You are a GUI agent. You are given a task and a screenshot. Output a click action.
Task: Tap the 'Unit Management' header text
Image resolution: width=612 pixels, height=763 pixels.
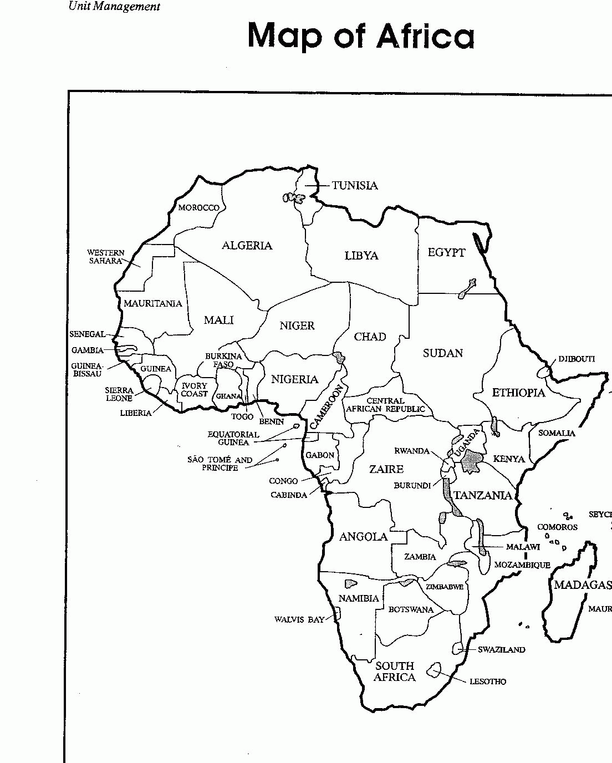[x=114, y=7]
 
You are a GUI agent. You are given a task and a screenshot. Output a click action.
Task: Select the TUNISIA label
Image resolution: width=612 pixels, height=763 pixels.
[x=355, y=186]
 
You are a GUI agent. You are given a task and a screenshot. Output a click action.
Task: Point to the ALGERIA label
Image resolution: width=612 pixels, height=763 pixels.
[x=247, y=246]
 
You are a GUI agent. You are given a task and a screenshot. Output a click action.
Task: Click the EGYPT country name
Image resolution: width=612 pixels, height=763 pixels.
[x=446, y=253]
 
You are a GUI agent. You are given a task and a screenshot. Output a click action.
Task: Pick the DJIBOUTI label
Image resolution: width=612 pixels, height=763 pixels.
[x=576, y=359]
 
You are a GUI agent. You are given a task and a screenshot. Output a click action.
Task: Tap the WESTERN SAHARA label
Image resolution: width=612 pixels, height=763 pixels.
[x=106, y=257]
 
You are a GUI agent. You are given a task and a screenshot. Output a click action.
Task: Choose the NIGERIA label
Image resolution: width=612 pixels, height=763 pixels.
[x=294, y=380]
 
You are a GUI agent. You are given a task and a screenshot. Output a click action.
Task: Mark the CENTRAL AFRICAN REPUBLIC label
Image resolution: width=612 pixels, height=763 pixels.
[x=386, y=405]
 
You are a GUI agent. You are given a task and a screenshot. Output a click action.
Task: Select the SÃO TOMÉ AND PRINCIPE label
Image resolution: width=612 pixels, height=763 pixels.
[x=220, y=464]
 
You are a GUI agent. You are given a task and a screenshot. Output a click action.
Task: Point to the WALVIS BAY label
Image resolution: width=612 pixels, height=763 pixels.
[x=299, y=619]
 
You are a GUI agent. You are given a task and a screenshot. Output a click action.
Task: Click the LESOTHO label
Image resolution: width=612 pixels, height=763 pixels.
[x=488, y=681]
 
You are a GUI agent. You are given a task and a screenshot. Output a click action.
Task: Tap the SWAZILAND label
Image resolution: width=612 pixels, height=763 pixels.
[x=501, y=649]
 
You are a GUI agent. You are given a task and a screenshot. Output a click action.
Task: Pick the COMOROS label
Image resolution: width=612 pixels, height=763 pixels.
[x=557, y=527]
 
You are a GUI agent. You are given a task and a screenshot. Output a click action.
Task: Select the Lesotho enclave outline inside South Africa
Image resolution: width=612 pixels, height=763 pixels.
[x=433, y=670]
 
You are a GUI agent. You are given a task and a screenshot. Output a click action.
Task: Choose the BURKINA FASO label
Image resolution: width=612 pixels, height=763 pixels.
[x=224, y=360]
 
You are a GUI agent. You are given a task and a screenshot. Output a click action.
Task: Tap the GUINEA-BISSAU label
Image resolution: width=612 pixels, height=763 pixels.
[x=87, y=370]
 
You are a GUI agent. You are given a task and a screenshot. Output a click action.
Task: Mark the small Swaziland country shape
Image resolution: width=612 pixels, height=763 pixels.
[x=458, y=648]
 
